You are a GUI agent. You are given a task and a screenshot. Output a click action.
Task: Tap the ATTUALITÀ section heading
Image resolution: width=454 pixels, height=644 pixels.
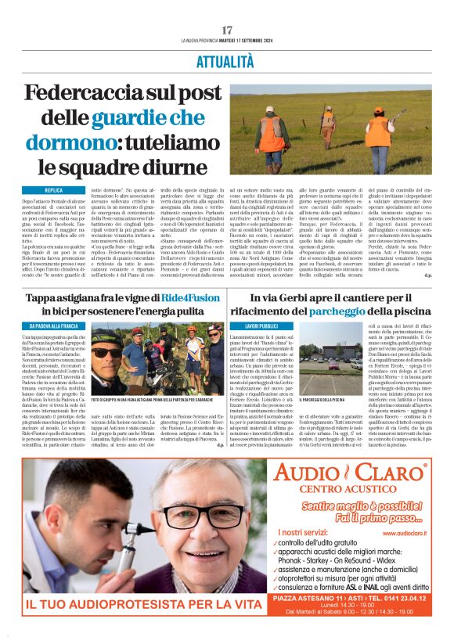[227, 62]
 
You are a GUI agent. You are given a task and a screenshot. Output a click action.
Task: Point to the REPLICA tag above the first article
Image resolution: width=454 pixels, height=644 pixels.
[54, 190]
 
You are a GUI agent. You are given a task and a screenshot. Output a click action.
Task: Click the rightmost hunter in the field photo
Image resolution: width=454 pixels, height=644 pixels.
[379, 128]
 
